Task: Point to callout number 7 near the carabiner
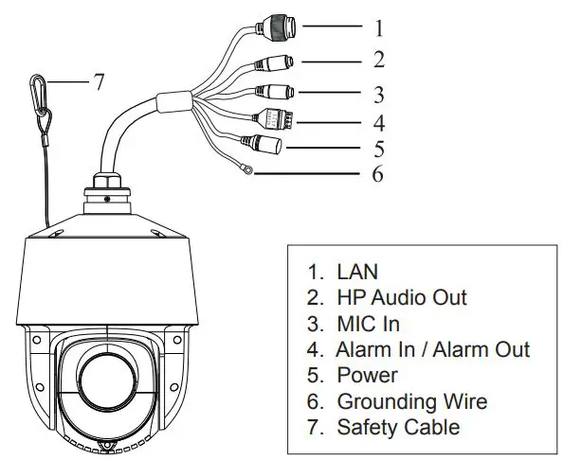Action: click(x=98, y=82)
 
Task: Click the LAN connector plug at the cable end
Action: click(x=278, y=27)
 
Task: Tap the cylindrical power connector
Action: click(x=266, y=145)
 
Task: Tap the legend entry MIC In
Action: click(x=369, y=324)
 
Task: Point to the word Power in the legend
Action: click(x=368, y=376)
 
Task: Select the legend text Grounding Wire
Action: click(x=412, y=401)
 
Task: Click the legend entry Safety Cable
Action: click(x=398, y=427)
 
